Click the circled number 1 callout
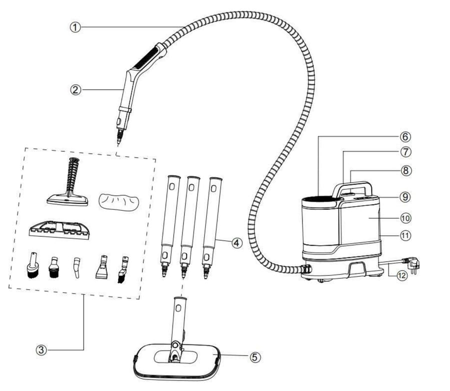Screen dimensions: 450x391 point(75,27)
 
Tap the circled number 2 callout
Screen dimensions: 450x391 point(75,90)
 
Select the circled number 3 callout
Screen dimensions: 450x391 point(41,350)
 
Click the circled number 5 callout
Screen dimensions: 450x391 point(255,357)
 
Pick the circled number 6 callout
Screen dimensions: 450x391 point(405,137)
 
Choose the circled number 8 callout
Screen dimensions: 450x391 point(405,171)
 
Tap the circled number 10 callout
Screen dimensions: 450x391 point(405,218)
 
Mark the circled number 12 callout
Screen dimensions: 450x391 point(402,276)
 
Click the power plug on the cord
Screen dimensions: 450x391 point(411,264)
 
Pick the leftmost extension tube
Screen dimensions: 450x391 point(169,225)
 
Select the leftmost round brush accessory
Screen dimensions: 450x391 point(32,266)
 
